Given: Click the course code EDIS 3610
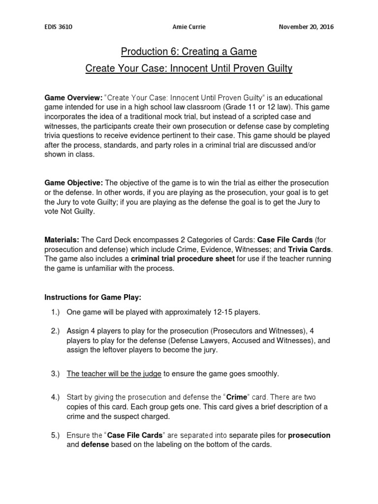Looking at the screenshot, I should pos(59,27).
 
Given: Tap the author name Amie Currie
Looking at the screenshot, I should pos(189,27).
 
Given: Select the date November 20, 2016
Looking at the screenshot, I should pos(306,27).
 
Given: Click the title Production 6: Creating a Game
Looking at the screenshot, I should pos(189,52).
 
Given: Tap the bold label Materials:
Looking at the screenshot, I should pos(62,240).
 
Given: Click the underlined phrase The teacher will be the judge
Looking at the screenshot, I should pos(114,374).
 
